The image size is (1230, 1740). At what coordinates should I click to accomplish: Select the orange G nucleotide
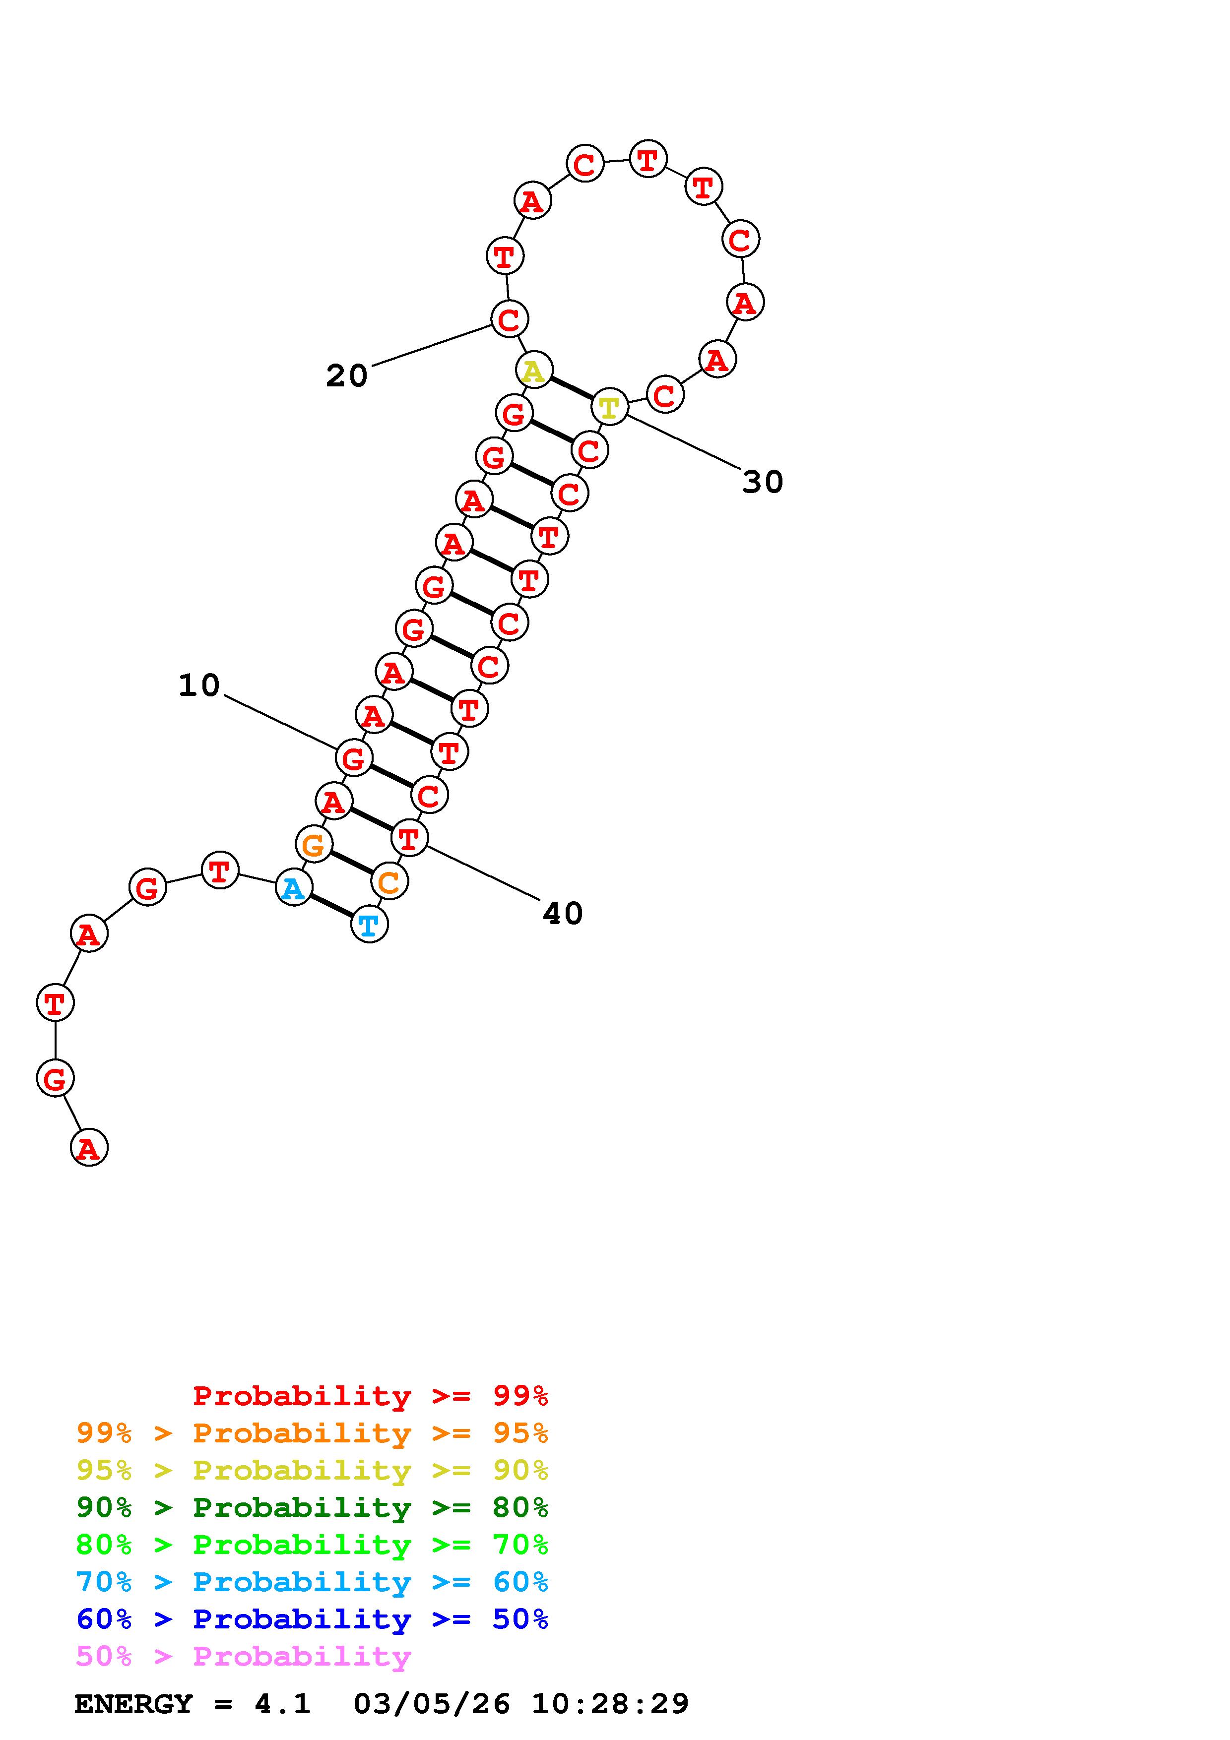(313, 844)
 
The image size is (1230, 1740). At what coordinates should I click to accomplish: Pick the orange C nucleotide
(389, 881)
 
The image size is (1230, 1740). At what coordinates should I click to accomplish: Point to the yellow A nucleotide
(533, 371)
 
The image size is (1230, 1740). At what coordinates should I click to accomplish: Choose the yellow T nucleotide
(609, 408)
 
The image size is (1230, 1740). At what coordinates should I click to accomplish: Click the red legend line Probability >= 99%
(370, 1396)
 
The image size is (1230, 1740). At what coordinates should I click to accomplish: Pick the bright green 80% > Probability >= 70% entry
(312, 1545)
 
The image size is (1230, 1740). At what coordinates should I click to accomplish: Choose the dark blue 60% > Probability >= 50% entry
(312, 1619)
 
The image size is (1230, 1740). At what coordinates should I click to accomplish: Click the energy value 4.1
(282, 1704)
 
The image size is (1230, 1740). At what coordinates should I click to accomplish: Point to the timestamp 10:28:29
(610, 1704)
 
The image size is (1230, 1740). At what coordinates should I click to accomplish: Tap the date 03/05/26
(432, 1704)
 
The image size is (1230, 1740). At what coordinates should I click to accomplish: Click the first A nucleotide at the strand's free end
(89, 1147)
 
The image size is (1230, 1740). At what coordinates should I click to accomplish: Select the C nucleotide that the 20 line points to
(509, 318)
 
